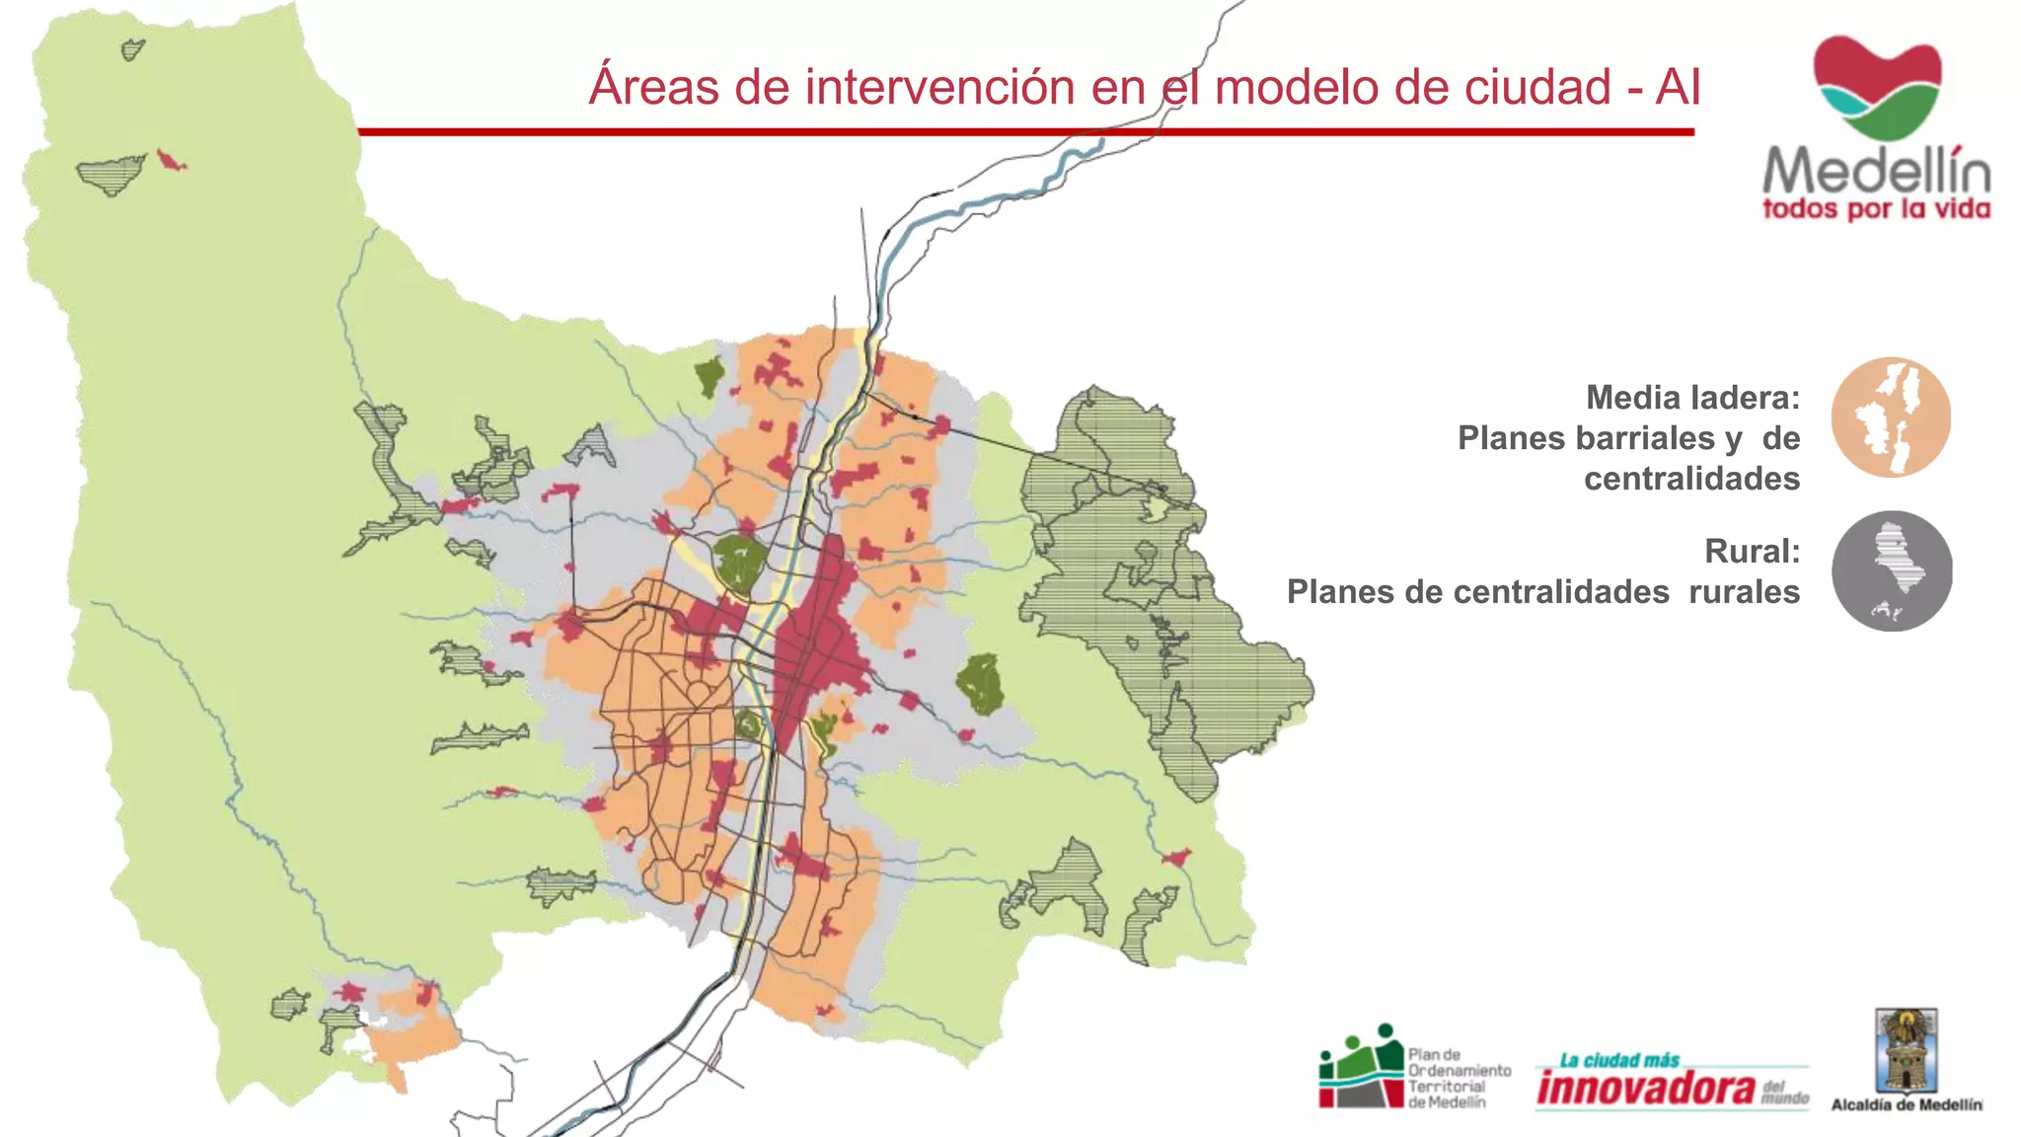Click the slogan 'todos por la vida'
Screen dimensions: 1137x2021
pyautogui.click(x=1876, y=209)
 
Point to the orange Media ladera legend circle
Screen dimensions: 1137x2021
pyautogui.click(x=1891, y=417)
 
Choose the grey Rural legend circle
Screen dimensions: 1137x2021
pyautogui.click(x=1891, y=570)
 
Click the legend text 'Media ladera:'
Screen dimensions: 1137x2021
pyautogui.click(x=1692, y=398)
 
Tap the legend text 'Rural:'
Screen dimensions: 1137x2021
pyautogui.click(x=1752, y=551)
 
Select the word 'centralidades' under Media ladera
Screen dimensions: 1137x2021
pyautogui.click(x=1691, y=479)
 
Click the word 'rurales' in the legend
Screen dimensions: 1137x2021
pyautogui.click(x=1744, y=592)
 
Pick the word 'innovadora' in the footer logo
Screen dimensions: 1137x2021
pyautogui.click(x=1646, y=1088)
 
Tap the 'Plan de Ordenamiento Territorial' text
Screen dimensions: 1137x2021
pyautogui.click(x=1458, y=1078)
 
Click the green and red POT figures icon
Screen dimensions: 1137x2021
pyautogui.click(x=1361, y=1067)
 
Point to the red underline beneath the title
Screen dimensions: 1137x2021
pyautogui.click(x=1026, y=131)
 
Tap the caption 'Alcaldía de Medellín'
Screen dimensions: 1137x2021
pyautogui.click(x=1906, y=1105)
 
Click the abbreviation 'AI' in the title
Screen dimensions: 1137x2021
pyautogui.click(x=1678, y=87)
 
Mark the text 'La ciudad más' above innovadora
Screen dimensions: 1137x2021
pyautogui.click(x=1618, y=1061)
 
